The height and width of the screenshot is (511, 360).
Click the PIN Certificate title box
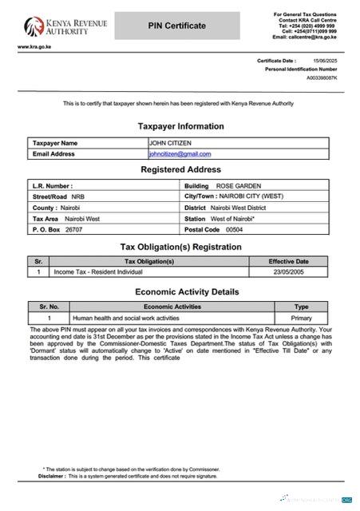[176, 26]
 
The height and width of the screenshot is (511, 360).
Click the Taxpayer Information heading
[180, 126]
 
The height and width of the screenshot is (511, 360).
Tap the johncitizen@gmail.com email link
[180, 153]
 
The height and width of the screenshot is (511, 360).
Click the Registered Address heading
[180, 170]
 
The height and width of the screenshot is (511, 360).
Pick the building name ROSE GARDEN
[238, 185]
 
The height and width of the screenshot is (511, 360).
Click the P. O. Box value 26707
[73, 229]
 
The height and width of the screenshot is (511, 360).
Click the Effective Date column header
[288, 261]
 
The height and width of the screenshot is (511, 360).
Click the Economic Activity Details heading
[187, 292]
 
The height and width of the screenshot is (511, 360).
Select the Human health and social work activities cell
[126, 318]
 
